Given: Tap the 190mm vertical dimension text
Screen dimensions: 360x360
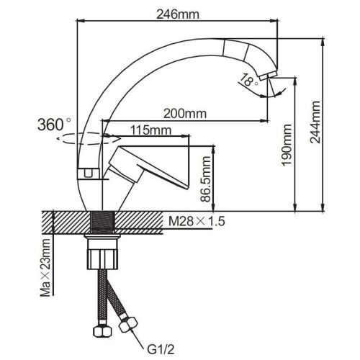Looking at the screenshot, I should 287,152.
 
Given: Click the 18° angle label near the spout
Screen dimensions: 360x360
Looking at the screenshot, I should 249,81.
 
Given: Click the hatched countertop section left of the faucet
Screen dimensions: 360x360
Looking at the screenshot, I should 65,222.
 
